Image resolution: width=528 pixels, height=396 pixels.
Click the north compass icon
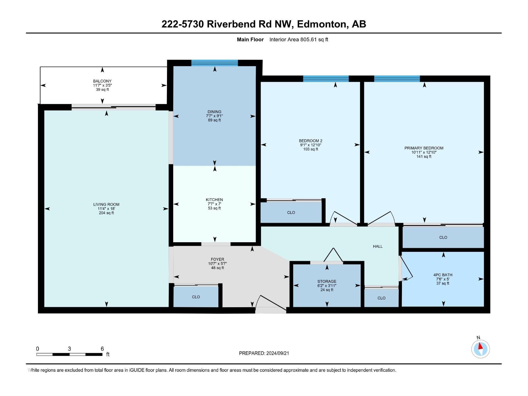click(x=480, y=349)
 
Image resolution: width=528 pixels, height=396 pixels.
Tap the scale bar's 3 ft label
click(x=69, y=348)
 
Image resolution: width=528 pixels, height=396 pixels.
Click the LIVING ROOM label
click(x=106, y=204)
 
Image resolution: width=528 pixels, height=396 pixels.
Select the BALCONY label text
click(x=102, y=81)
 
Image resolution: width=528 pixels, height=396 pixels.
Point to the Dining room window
click(x=214, y=63)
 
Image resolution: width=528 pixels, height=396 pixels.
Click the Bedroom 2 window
click(x=326, y=79)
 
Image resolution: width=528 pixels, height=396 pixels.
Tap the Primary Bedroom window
click(x=397, y=79)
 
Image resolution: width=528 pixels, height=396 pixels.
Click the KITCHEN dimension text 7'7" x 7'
click(x=214, y=204)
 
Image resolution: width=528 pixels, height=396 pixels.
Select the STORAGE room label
click(x=327, y=281)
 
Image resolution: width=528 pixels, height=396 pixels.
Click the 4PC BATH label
click(x=443, y=275)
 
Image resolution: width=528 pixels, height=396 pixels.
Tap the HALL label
click(x=378, y=246)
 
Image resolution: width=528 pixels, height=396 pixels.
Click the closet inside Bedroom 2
click(x=291, y=213)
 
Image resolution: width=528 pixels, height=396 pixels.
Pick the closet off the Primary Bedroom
click(x=443, y=237)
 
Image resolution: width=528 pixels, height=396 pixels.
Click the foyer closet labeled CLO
click(x=196, y=297)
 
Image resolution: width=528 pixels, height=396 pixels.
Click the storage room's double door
click(x=333, y=256)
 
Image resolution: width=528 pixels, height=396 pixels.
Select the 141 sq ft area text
click(x=424, y=156)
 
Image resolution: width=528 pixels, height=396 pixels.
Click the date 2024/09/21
click(x=278, y=353)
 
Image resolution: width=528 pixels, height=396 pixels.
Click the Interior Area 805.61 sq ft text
click(x=299, y=40)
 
